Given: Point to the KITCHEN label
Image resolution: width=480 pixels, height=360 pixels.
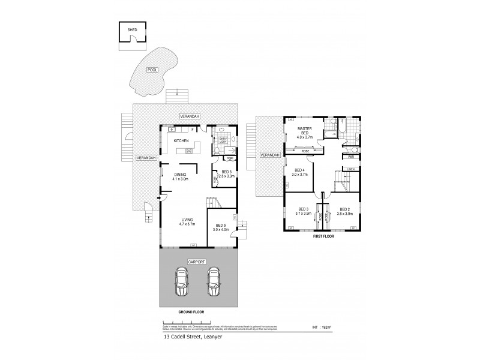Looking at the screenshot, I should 181,140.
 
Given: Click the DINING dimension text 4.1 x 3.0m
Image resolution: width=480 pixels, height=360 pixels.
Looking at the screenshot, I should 180,179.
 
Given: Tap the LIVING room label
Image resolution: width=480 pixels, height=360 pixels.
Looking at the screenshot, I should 181,220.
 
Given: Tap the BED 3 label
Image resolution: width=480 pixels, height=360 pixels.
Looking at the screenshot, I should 302,209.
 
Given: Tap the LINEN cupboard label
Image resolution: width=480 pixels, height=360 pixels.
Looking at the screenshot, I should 350,170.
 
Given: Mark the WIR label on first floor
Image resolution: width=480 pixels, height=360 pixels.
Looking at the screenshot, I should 350,157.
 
